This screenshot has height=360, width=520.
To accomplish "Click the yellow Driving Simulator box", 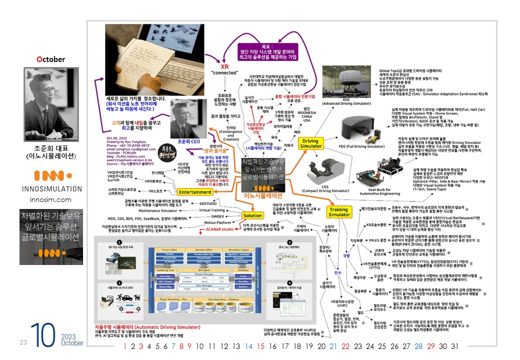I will (311, 144).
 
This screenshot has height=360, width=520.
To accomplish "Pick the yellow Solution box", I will (252, 215).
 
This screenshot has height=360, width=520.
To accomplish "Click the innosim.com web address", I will (50, 199).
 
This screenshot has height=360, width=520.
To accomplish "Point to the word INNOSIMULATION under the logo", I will (51, 189).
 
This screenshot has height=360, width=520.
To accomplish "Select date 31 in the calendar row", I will (454, 346).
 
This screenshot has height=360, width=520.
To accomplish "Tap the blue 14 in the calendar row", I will (248, 346).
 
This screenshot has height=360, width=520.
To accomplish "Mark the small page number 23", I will (23, 342).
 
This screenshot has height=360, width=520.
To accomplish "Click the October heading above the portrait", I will (50, 59).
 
